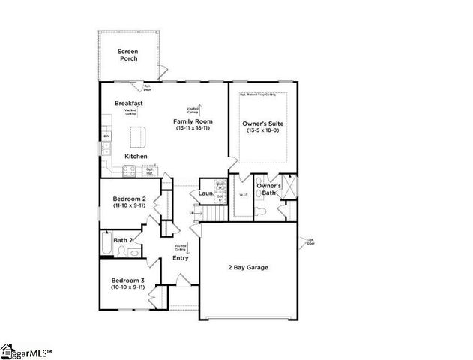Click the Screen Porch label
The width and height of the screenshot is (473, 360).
pyautogui.click(x=128, y=55)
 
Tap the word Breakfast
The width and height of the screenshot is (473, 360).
pyautogui.click(x=129, y=103)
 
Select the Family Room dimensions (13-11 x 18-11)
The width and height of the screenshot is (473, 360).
pyautogui.click(x=193, y=128)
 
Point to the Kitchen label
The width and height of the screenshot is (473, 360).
pyautogui.click(x=136, y=156)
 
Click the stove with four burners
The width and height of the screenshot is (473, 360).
pyautogui.click(x=127, y=169)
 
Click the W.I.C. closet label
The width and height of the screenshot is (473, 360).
pyautogui.click(x=243, y=196)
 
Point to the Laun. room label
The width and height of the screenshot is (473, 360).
pyautogui.click(x=205, y=194)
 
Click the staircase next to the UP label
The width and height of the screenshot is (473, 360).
pyautogui.click(x=214, y=214)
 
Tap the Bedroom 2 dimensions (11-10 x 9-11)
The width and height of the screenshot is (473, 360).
pyautogui.click(x=129, y=205)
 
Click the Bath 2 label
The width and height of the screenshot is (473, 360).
pyautogui.click(x=123, y=240)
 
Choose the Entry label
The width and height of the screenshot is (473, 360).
pyautogui.click(x=180, y=258)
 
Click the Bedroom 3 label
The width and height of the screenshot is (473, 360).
pyautogui.click(x=128, y=280)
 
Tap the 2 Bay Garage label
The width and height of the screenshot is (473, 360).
pyautogui.click(x=247, y=267)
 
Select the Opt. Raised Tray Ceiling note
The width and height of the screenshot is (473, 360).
pyautogui.click(x=258, y=95)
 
